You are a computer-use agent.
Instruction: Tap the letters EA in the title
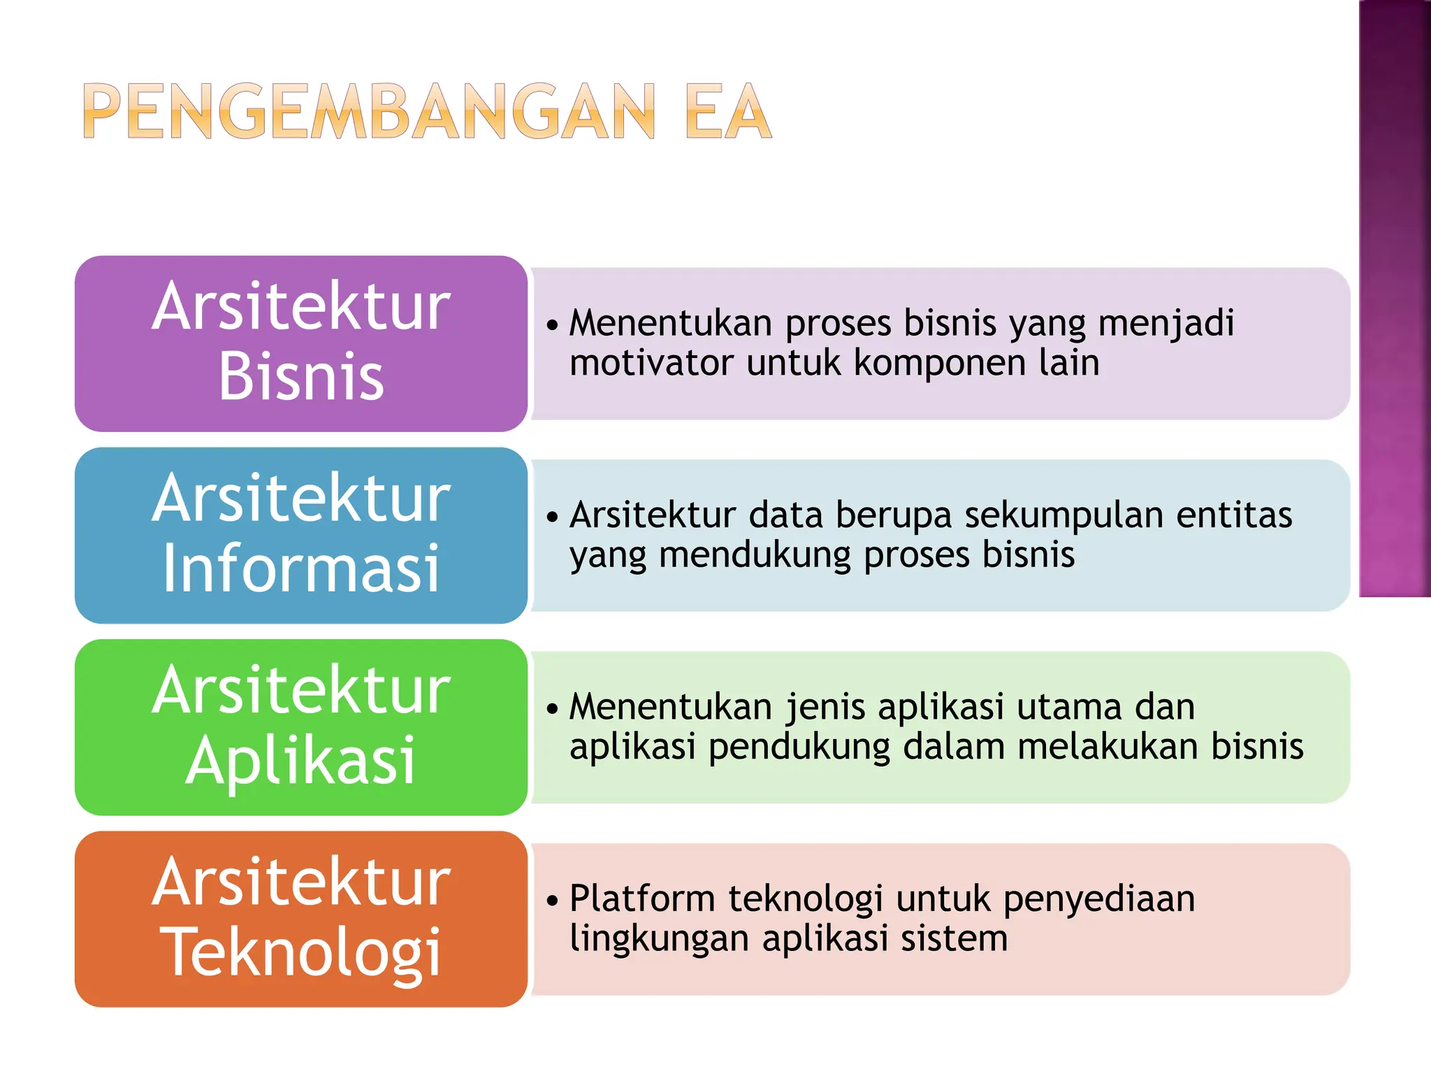coord(728,112)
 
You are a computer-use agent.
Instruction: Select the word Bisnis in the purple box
coord(301,377)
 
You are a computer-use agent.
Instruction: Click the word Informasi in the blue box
coord(301,568)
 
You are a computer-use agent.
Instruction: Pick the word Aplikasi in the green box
coord(301,761)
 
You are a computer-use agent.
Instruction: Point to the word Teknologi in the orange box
coord(301,952)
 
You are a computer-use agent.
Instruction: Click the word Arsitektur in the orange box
coord(301,882)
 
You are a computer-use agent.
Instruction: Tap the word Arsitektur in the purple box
coord(301,306)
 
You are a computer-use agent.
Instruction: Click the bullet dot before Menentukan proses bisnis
coord(553,325)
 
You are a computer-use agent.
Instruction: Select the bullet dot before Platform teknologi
coord(553,901)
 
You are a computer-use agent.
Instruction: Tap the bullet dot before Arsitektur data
coord(553,517)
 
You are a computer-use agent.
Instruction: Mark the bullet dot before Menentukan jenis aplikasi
coord(553,709)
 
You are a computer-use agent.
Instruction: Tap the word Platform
coord(642,898)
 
